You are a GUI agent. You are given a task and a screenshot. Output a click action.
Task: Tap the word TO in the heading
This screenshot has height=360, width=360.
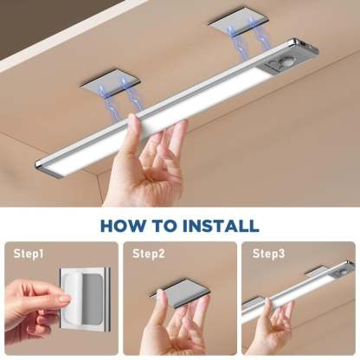(164, 227)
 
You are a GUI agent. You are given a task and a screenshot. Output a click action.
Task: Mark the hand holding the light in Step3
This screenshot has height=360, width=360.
(275, 333)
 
